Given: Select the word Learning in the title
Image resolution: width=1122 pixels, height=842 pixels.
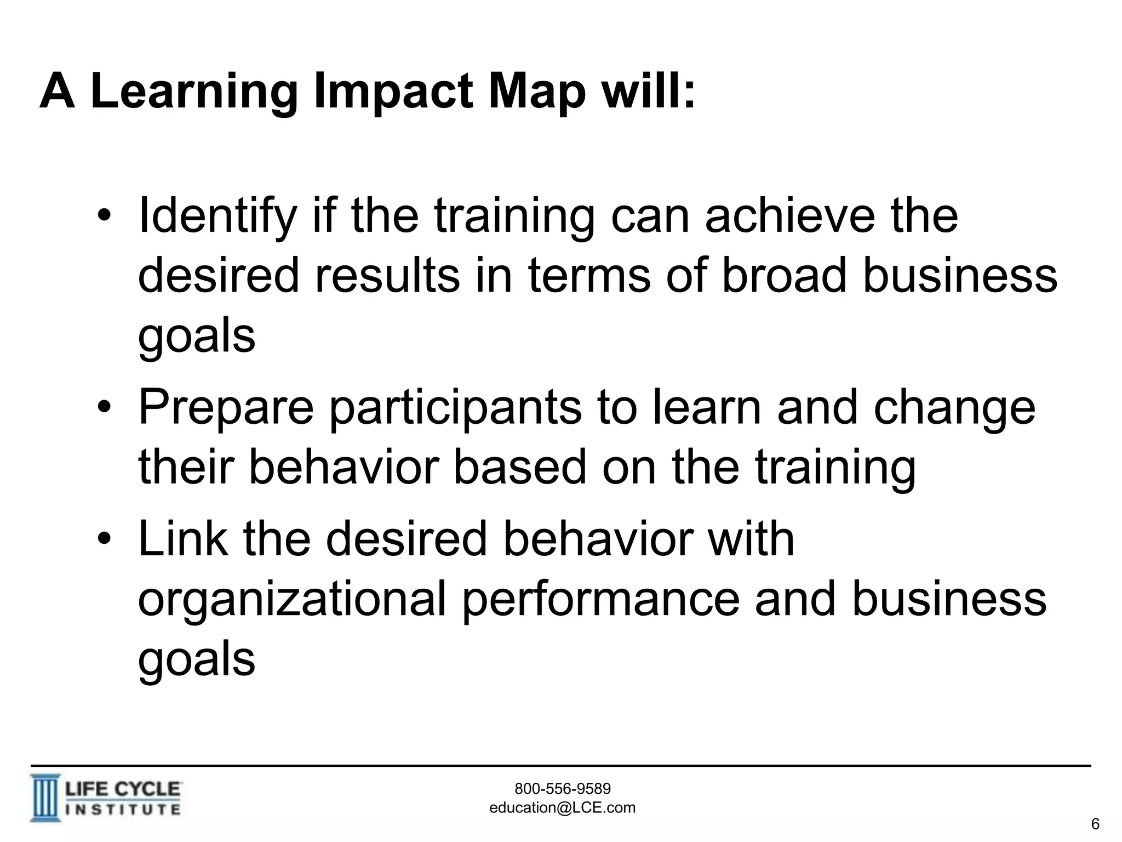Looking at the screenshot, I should click(194, 92).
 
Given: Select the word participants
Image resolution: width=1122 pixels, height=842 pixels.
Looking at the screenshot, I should click(455, 408).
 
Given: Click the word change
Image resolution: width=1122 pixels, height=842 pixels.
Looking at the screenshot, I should click(954, 408).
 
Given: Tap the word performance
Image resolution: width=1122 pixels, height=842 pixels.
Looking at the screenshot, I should click(601, 599).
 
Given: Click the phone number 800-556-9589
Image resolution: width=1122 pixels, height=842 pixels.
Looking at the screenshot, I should click(563, 789).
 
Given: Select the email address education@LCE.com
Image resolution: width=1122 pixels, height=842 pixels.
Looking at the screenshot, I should click(562, 807).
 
